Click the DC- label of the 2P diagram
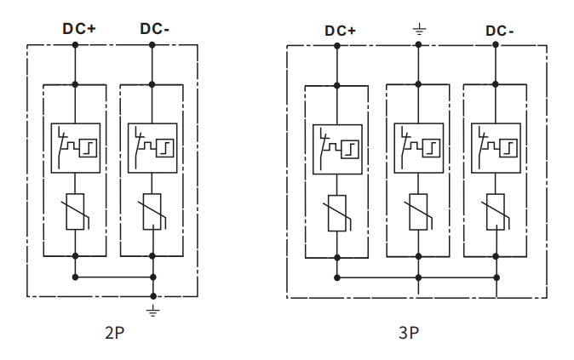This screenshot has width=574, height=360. coord(154,28)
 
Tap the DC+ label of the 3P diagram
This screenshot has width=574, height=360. coord(340,31)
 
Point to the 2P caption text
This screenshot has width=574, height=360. coord(114,332)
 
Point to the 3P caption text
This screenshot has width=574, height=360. coord(408,332)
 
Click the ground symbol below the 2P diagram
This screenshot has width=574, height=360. coord(153,311)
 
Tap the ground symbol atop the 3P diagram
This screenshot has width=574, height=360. coord(419,32)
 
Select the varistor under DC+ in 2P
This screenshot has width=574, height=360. coord(76,211)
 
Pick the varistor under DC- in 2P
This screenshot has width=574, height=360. coord(152,211)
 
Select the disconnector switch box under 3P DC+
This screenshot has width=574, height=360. coord(337,149)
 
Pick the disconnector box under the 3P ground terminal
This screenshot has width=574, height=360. coord(418,149)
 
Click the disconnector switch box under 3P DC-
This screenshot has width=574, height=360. coord(496,149)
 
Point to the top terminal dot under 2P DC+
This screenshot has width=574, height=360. coord(76,46)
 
